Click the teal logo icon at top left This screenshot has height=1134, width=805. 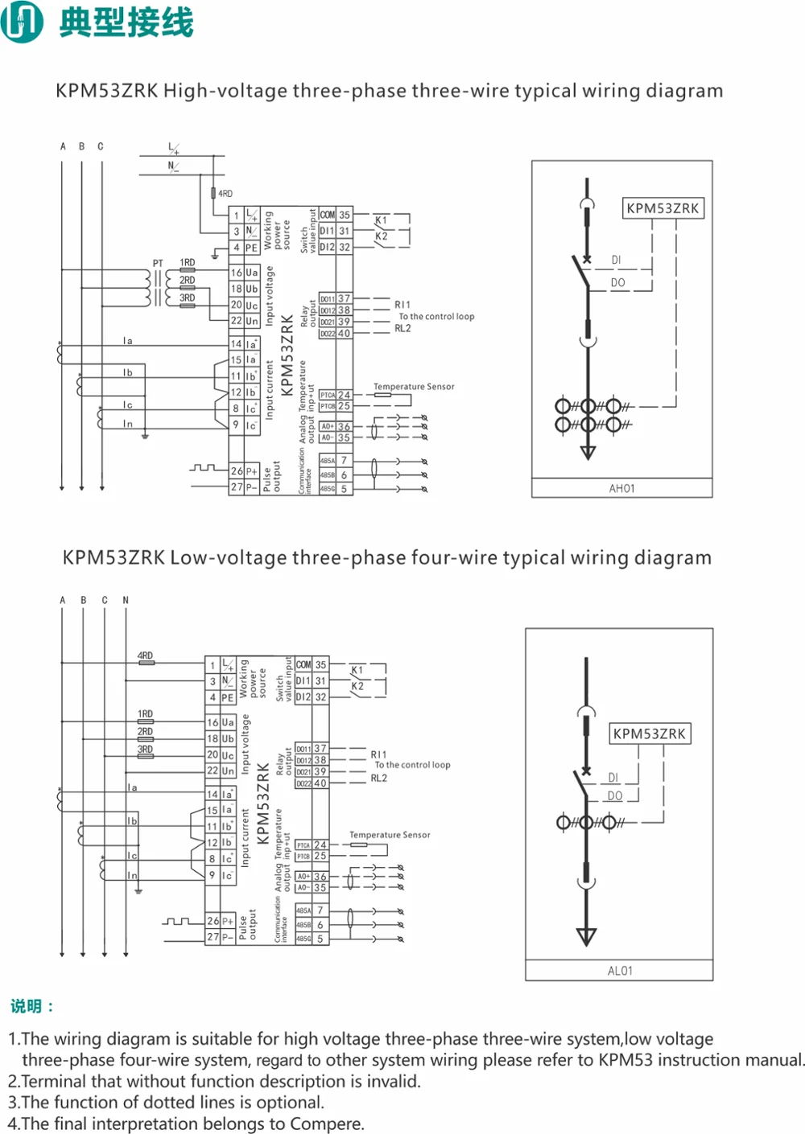(22, 22)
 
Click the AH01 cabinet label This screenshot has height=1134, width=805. (621, 488)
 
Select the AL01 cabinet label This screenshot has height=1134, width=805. (620, 971)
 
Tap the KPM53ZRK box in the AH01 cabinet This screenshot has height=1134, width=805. (663, 208)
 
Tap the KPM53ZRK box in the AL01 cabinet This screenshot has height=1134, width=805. (649, 733)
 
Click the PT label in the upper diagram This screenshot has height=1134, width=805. (158, 264)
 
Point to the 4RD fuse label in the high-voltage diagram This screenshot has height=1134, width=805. (225, 194)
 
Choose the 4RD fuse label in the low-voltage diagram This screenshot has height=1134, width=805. (145, 656)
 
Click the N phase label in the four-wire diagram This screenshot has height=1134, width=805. (126, 600)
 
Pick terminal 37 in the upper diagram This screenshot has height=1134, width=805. (344, 298)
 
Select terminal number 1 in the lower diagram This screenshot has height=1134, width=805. (213, 666)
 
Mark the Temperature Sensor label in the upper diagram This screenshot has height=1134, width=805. (414, 387)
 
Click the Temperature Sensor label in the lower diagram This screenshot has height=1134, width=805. (390, 835)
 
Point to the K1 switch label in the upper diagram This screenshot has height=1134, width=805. (381, 220)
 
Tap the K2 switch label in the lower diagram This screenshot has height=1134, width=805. (357, 686)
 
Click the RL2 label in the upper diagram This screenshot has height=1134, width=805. (402, 328)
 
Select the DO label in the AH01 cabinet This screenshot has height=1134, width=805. (617, 283)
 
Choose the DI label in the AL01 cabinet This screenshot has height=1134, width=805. (613, 778)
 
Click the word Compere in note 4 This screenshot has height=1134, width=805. (328, 1124)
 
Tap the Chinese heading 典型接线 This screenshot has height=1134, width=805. (126, 22)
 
